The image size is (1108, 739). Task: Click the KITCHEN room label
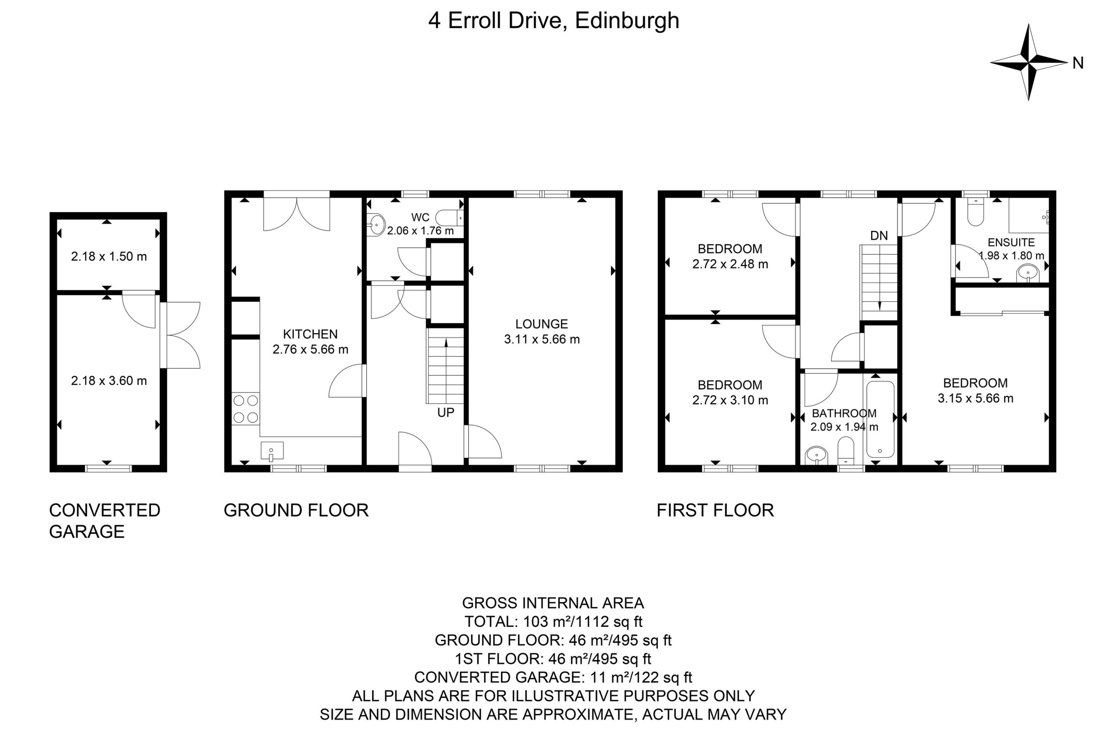[310, 334]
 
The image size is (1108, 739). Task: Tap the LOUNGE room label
[541, 324]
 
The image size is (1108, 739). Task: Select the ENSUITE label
[1011, 242]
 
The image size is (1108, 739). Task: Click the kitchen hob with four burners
[246, 408]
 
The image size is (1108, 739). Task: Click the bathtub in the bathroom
[879, 419]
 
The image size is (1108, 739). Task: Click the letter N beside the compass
[1078, 63]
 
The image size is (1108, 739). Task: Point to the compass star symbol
[1028, 62]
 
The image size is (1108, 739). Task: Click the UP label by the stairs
[445, 412]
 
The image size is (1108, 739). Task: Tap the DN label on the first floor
[879, 235]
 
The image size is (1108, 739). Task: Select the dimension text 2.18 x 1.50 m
[109, 256]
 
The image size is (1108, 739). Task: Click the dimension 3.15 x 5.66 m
[975, 398]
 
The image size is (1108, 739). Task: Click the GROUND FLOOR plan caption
[296, 510]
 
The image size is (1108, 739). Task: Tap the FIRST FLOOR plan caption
[715, 510]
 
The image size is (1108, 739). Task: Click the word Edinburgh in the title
[627, 21]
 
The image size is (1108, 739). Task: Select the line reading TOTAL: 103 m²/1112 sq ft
[553, 622]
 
